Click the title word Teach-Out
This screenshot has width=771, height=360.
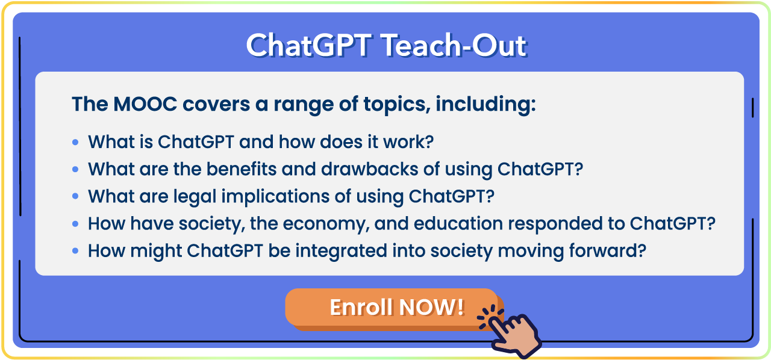[454, 45]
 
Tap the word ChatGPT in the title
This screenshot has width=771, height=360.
[309, 45]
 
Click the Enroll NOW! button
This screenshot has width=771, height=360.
[392, 308]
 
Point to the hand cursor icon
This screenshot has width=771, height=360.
[511, 332]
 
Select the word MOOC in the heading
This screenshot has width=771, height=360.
[145, 104]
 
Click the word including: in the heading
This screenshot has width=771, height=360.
[485, 104]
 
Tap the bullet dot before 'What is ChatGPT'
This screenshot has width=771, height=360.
[75, 142]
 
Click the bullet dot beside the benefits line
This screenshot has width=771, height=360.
[75, 169]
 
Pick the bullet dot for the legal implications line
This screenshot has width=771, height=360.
[75, 196]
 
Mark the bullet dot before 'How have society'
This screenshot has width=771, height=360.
[75, 224]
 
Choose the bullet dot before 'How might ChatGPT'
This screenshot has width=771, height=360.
[75, 250]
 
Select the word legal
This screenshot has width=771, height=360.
[195, 197]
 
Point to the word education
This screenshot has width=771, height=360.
[458, 224]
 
